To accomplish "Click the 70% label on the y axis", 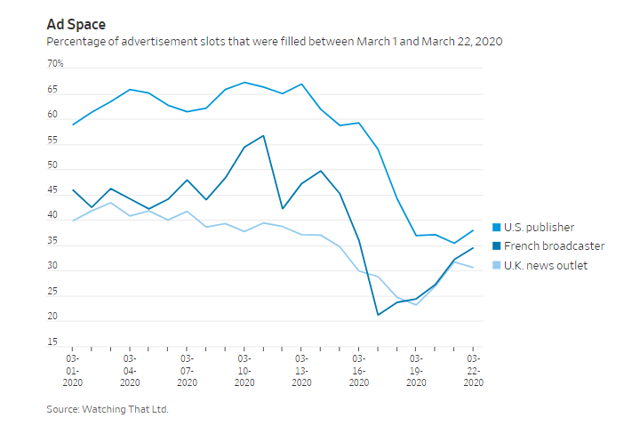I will point(55,64).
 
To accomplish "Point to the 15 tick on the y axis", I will point(52,342).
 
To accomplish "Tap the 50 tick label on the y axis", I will point(52,165).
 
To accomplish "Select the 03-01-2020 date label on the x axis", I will point(72,367).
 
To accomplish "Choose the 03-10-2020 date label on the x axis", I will point(244,367).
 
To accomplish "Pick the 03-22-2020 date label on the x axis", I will point(473,367).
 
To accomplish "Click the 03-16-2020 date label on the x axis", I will point(359,367).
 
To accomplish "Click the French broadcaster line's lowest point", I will point(378,315).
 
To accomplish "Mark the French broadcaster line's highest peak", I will point(263,136).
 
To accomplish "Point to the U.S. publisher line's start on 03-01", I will point(72,125).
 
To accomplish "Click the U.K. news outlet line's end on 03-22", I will point(473,268).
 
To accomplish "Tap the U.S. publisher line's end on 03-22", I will point(473,230).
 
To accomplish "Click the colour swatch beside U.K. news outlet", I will point(497,265).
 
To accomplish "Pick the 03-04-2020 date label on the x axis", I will point(130,367).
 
